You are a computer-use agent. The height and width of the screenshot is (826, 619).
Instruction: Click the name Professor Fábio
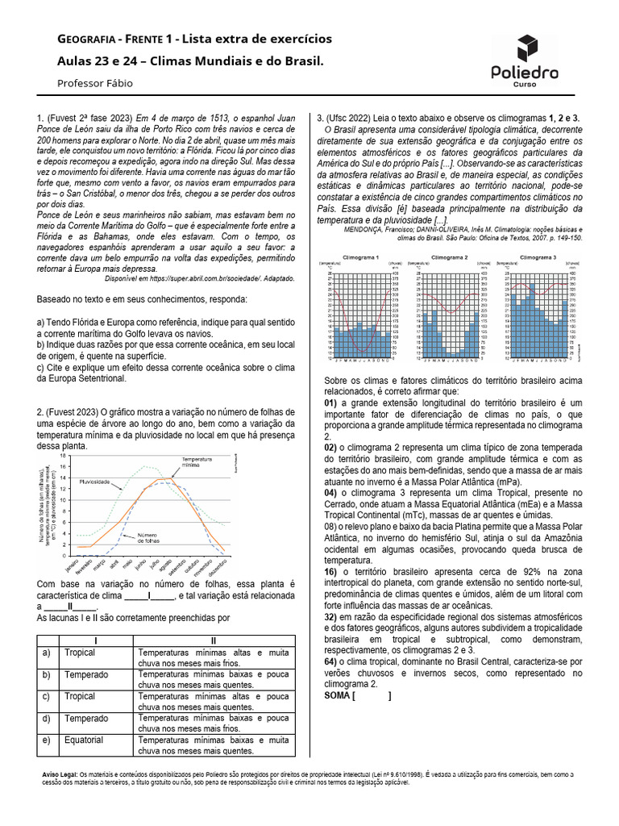pos(95,83)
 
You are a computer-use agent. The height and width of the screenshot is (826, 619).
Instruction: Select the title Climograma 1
pos(362,257)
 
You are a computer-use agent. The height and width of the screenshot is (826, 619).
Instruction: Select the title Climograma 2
pos(449,257)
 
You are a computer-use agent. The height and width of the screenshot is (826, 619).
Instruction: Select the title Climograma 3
pos(537,257)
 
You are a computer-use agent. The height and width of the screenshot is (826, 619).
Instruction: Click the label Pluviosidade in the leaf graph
pos(94,481)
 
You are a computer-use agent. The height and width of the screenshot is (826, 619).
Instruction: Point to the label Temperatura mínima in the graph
pos(196,462)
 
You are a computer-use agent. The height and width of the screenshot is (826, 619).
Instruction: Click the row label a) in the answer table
pos(46,653)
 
